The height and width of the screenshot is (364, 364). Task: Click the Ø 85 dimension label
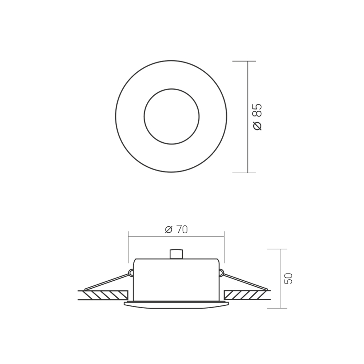[258, 117]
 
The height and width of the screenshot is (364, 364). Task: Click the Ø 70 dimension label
[176, 230]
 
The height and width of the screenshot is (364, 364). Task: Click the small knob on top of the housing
[176, 254]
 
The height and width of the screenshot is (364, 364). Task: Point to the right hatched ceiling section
[246, 295]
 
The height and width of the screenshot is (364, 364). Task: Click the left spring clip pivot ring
[131, 272]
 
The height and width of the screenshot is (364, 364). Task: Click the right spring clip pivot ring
[221, 272]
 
